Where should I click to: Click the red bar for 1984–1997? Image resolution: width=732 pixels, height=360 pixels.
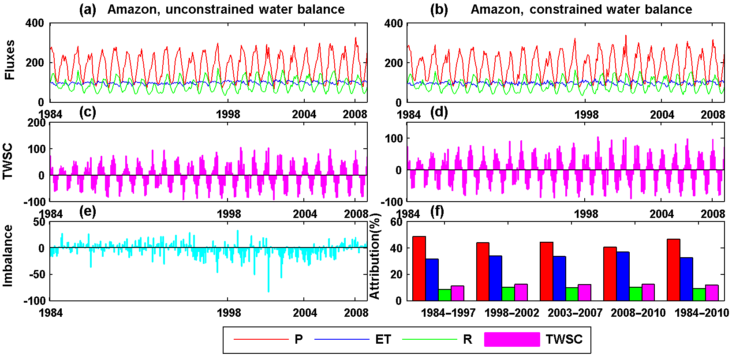pyautogui.click(x=419, y=269)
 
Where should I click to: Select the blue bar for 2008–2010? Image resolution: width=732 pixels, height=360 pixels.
pyautogui.click(x=623, y=276)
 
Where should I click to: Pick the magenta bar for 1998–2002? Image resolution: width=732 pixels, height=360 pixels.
pyautogui.click(x=521, y=292)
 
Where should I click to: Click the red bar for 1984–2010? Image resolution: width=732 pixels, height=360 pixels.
pyautogui.click(x=673, y=270)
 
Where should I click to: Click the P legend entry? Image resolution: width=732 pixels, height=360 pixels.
pyautogui.click(x=299, y=339)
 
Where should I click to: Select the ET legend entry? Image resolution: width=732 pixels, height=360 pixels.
pyautogui.click(x=383, y=339)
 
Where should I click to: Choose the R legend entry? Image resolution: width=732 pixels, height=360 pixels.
pyautogui.click(x=467, y=339)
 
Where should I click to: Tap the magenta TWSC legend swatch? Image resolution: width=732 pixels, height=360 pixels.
pyautogui.click(x=512, y=339)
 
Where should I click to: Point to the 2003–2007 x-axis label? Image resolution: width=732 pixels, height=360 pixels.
pyautogui.click(x=575, y=313)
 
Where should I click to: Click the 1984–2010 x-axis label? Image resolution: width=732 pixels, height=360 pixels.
pyautogui.click(x=702, y=313)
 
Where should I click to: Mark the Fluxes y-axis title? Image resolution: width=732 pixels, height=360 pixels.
pyautogui.click(x=10, y=60)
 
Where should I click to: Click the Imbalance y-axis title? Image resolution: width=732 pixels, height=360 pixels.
pyautogui.click(x=8, y=256)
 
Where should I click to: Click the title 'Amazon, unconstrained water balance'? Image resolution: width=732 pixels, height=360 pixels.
pyautogui.click(x=226, y=9)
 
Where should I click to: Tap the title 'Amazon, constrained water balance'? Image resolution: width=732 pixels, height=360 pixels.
pyautogui.click(x=581, y=9)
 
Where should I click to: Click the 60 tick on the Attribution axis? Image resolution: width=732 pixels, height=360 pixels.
pyautogui.click(x=396, y=222)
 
